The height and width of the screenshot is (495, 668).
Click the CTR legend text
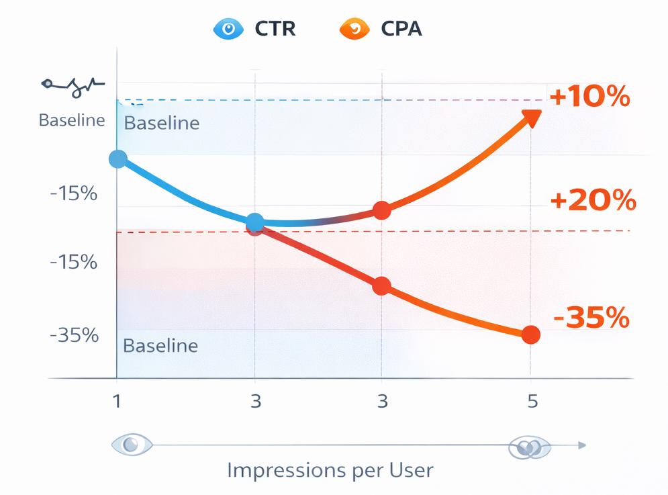point(275,29)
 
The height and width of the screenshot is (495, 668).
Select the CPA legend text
point(401,29)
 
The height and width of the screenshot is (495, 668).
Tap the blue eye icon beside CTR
point(228,29)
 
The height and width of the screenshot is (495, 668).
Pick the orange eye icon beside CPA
point(354,29)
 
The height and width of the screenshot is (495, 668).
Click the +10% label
point(589,98)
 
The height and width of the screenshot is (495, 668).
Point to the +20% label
point(592,201)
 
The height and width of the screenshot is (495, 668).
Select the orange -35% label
point(591,317)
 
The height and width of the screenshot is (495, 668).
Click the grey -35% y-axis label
point(74,335)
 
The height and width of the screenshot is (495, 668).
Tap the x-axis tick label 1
point(117,402)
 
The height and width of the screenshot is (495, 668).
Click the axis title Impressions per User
point(330,470)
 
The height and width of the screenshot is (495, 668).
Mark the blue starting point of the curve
point(118,159)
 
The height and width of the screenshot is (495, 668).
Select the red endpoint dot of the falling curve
point(530,335)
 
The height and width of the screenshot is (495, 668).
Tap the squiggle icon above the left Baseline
point(73,85)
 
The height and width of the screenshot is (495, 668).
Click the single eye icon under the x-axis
point(132,445)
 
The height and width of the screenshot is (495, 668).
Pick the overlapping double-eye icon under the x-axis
point(529,447)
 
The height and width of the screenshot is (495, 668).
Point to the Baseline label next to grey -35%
point(160,346)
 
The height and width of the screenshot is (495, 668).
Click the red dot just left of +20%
point(381,211)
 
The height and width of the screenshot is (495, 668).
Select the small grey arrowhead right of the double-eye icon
point(582,445)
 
